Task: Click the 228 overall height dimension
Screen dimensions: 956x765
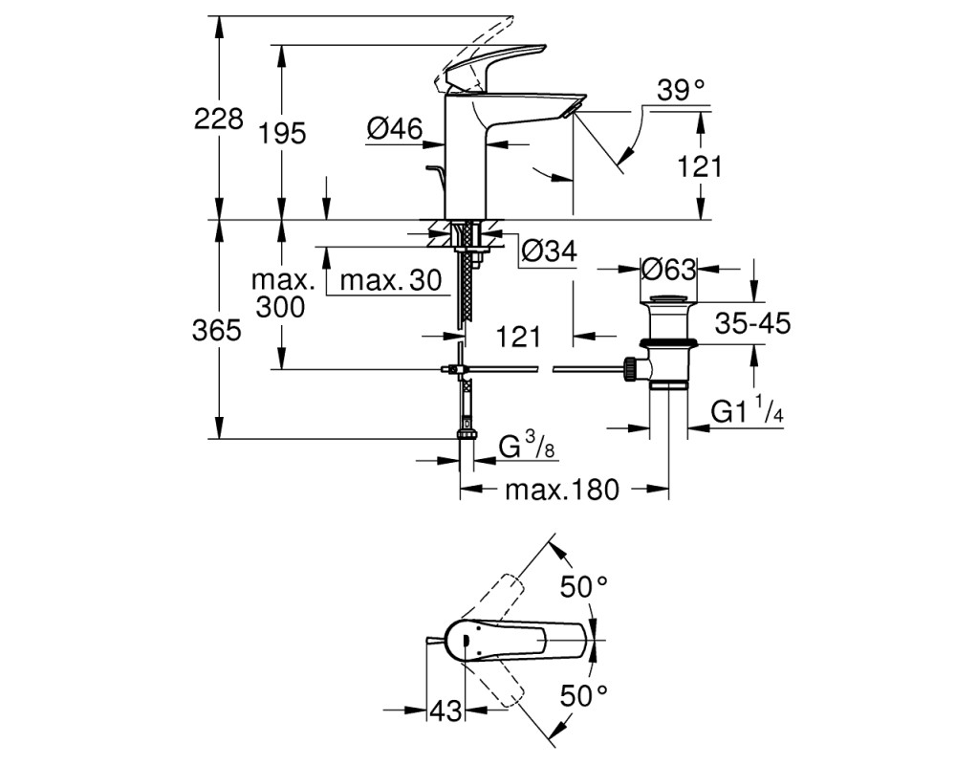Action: pyautogui.click(x=218, y=119)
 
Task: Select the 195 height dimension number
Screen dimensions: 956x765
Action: pyautogui.click(x=282, y=133)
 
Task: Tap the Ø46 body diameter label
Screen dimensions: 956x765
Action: pyautogui.click(x=395, y=129)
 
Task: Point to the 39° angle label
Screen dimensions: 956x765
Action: pyautogui.click(x=681, y=90)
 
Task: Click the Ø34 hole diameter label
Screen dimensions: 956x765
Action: pyautogui.click(x=550, y=251)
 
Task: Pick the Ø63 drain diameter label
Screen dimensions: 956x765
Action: pyautogui.click(x=668, y=269)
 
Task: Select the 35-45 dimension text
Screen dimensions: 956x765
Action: pyautogui.click(x=752, y=323)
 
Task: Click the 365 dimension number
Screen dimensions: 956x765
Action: pyautogui.click(x=216, y=331)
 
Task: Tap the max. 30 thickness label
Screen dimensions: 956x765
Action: pyautogui.click(x=391, y=280)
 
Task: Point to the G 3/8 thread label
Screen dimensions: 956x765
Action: pyautogui.click(x=527, y=446)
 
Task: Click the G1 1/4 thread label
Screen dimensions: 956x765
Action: pyautogui.click(x=747, y=410)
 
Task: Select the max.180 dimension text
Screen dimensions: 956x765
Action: pyautogui.click(x=561, y=490)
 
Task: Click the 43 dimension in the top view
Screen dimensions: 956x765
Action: pyautogui.click(x=445, y=710)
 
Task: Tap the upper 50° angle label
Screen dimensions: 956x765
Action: pyautogui.click(x=584, y=587)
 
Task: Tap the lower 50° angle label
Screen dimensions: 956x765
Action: pyautogui.click(x=584, y=696)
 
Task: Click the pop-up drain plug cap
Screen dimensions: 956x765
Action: pyautogui.click(x=669, y=299)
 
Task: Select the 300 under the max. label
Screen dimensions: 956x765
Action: pyautogui.click(x=280, y=307)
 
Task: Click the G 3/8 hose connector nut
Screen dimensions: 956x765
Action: pyautogui.click(x=467, y=435)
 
